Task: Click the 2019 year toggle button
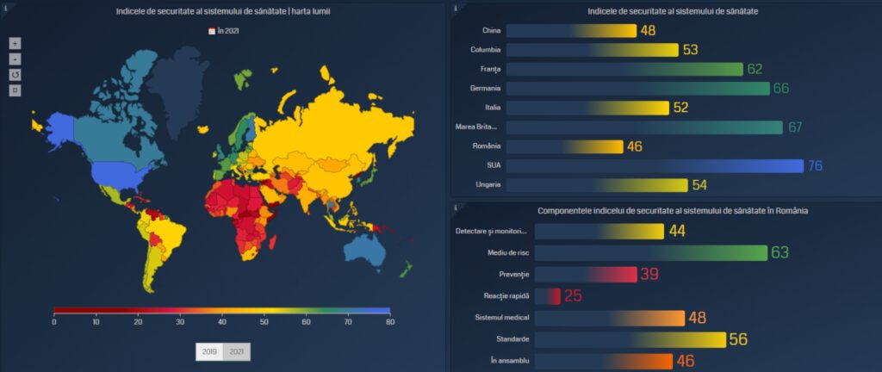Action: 209,352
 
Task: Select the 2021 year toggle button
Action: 236,352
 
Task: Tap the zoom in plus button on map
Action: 15,43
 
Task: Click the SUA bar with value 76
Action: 655,165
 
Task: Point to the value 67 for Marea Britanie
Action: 795,127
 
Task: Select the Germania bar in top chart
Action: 637,89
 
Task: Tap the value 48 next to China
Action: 648,31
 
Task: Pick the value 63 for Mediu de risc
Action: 780,252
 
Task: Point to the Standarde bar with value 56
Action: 630,339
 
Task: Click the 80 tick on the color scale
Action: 390,321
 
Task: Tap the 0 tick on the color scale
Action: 54,321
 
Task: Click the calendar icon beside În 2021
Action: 212,30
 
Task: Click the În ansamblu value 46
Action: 685,361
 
